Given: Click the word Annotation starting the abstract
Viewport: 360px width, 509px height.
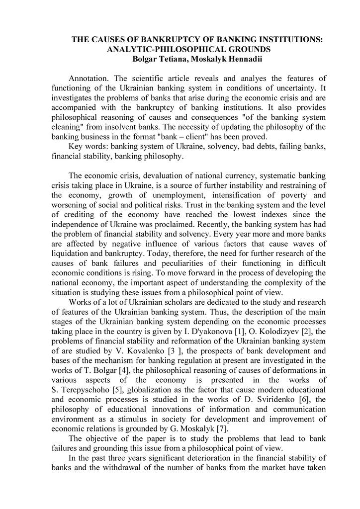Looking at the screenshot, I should click(89, 79).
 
